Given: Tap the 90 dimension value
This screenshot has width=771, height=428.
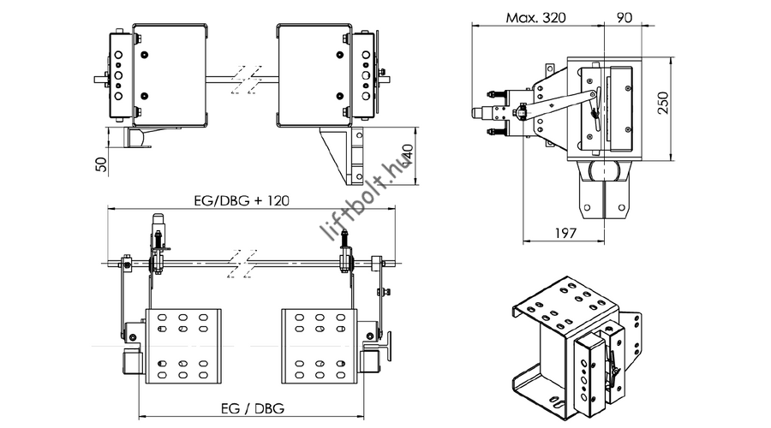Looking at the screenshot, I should pyautogui.click(x=648, y=17).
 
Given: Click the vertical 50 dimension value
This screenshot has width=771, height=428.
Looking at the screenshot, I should pyautogui.click(x=100, y=163).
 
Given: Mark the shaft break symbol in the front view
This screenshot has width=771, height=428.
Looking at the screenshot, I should pyautogui.click(x=245, y=264).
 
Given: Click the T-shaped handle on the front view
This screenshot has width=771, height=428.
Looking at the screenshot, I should pyautogui.click(x=386, y=344).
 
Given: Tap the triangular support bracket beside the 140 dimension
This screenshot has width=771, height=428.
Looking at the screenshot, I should pyautogui.click(x=347, y=158).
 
